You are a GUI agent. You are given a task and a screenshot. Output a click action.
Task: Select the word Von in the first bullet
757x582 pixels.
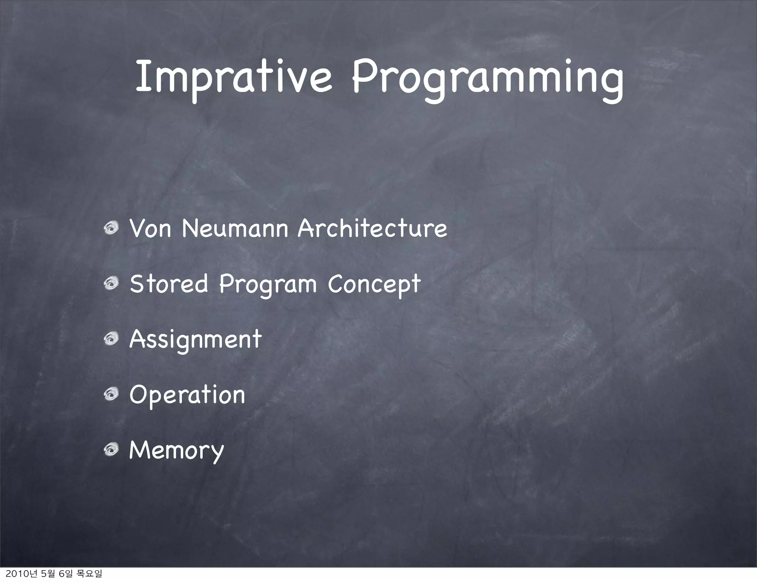pyautogui.click(x=150, y=229)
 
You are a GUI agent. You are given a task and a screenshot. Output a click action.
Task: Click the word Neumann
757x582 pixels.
pyautogui.click(x=235, y=229)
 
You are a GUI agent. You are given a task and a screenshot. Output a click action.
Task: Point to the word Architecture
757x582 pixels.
pyautogui.click(x=372, y=229)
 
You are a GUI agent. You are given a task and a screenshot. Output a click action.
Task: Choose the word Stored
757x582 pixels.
pyautogui.click(x=169, y=284)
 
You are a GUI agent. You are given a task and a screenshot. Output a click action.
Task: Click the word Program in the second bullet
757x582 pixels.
pyautogui.click(x=268, y=285)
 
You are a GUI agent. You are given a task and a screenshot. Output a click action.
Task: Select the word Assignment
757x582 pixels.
pyautogui.click(x=196, y=340)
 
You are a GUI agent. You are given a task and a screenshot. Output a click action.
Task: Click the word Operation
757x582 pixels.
pyautogui.click(x=187, y=395)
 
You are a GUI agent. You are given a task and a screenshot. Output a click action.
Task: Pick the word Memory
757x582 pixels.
pyautogui.click(x=176, y=451)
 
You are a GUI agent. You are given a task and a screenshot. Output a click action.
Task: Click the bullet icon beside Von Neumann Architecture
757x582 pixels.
pyautogui.click(x=111, y=229)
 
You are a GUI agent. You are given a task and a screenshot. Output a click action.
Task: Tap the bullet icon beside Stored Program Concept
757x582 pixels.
pyautogui.click(x=111, y=284)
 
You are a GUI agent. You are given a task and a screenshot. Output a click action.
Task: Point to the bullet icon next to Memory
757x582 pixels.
pyautogui.click(x=111, y=449)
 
